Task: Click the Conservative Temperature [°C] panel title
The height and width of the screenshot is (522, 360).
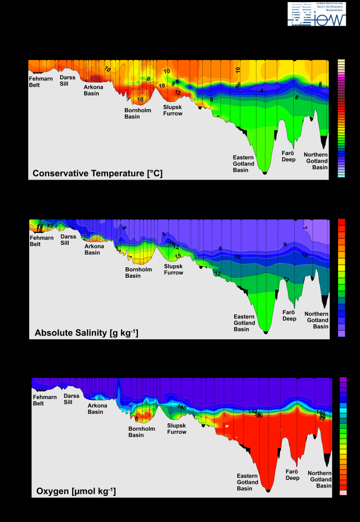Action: tap(98, 173)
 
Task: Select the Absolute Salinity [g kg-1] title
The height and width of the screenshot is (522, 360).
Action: tap(86, 333)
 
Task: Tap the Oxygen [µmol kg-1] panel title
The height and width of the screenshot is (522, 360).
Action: tap(76, 491)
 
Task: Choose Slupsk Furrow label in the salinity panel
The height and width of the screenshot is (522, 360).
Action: tap(173, 269)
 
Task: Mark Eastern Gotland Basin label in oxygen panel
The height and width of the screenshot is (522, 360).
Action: tap(247, 482)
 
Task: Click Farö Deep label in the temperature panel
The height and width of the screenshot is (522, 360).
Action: tap(289, 156)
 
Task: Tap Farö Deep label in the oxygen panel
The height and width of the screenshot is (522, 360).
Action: tap(293, 474)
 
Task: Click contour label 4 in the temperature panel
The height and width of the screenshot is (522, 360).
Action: tap(262, 91)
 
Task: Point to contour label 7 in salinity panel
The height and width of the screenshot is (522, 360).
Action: tap(305, 228)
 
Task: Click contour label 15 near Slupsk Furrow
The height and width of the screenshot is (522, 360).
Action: tap(178, 256)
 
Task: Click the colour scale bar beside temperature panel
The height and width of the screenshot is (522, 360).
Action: tap(341, 119)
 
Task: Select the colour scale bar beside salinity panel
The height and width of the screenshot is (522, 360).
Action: tap(342, 278)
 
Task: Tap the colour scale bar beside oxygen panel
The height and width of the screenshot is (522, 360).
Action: tap(343, 436)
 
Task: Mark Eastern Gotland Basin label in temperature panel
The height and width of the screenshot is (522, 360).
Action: tap(243, 163)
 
